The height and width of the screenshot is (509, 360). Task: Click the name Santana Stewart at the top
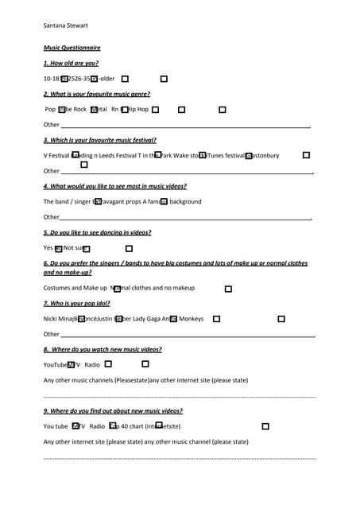click(x=66, y=25)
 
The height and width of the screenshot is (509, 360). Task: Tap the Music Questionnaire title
click(x=72, y=48)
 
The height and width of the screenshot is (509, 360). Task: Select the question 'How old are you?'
click(x=71, y=63)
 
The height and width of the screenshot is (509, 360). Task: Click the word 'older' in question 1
click(x=107, y=79)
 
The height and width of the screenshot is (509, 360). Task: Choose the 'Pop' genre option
click(x=50, y=109)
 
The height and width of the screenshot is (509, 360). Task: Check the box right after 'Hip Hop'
click(x=156, y=110)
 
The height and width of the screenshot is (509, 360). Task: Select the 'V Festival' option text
click(x=56, y=155)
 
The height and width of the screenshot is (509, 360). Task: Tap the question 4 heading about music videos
click(x=115, y=186)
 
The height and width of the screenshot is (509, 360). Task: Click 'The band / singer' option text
click(x=68, y=201)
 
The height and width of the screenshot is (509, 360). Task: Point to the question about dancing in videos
click(x=97, y=232)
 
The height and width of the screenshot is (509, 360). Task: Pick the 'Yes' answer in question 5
click(x=48, y=248)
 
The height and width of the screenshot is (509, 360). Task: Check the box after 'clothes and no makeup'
click(x=228, y=289)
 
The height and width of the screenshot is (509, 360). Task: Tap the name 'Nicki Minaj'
click(x=59, y=319)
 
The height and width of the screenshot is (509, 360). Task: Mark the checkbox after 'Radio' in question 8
click(x=108, y=364)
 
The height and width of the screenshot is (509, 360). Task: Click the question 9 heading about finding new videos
click(x=113, y=410)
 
